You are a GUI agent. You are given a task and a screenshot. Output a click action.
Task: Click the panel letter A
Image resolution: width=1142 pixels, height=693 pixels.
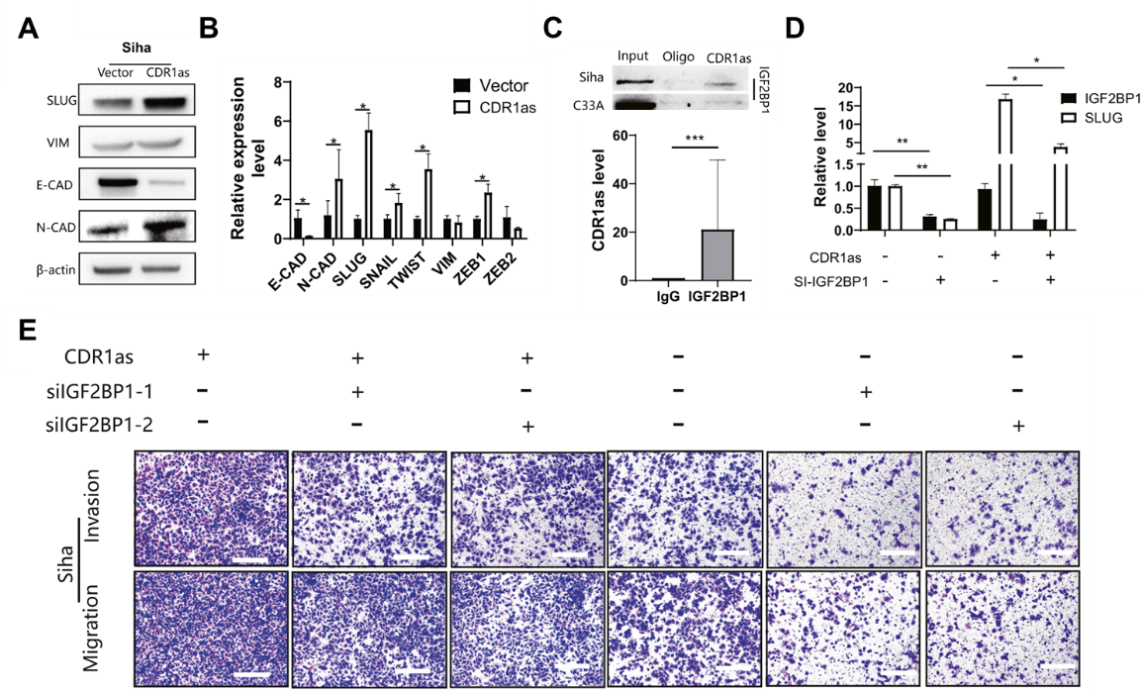tap(29, 30)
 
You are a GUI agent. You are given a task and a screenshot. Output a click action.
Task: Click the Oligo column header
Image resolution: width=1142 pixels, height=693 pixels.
tap(677, 55)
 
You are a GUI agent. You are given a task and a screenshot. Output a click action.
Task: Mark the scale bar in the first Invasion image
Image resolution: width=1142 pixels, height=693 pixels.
tap(251, 559)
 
